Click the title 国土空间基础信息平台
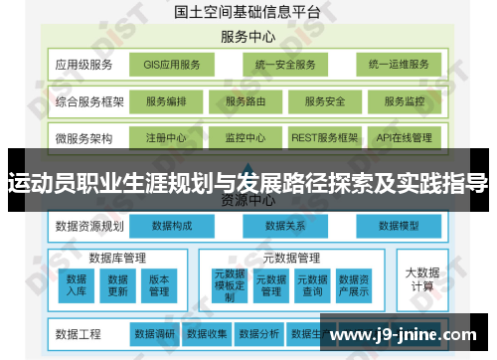(248, 12)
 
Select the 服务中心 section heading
(248, 38)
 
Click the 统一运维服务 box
(399, 66)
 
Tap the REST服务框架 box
(324, 137)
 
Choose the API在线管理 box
(405, 137)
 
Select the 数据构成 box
(172, 227)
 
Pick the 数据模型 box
(401, 227)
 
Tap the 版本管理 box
(159, 285)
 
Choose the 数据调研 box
(154, 333)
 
